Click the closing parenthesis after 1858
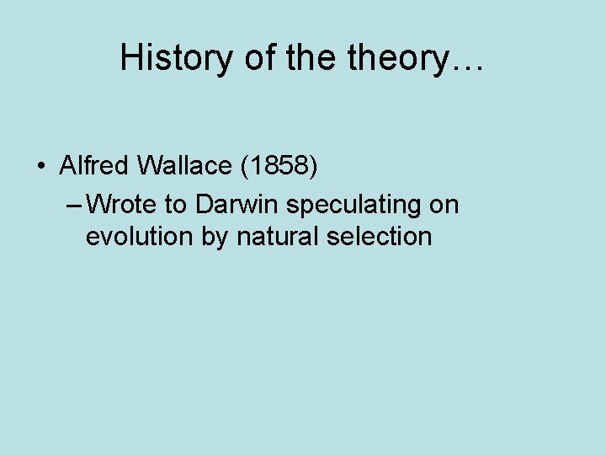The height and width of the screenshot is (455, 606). pyautogui.click(x=314, y=166)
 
